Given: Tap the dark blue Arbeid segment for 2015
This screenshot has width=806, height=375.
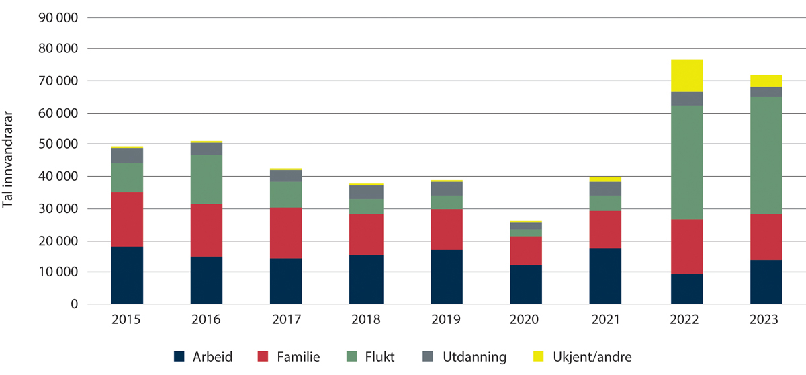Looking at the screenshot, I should (128, 276).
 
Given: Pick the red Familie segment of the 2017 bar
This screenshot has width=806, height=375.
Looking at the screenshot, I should (286, 233).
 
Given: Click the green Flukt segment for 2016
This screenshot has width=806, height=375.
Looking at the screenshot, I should (207, 179).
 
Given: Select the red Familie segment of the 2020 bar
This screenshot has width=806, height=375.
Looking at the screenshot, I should (525, 251).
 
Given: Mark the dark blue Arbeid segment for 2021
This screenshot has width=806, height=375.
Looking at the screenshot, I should (605, 276).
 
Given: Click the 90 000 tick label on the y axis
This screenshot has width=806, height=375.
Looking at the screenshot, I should (59, 17).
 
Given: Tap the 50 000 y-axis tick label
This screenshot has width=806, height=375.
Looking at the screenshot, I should (59, 144).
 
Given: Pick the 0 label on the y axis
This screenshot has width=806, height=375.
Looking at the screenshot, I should (74, 304).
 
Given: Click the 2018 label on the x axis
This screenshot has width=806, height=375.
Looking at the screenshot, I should (365, 319).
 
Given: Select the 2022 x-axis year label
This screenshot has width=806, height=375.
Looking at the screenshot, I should (684, 319).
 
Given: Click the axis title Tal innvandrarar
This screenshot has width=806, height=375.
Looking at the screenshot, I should (9, 160).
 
